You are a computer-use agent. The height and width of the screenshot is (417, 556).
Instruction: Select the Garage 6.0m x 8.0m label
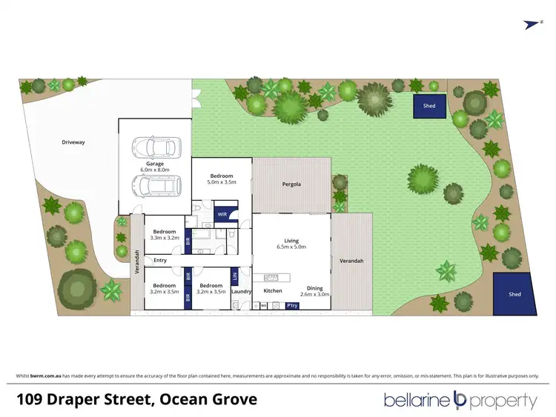[x=154, y=166]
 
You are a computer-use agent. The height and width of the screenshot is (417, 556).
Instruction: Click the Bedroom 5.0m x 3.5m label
[x=220, y=179]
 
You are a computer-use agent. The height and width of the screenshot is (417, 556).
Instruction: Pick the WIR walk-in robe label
[x=222, y=215]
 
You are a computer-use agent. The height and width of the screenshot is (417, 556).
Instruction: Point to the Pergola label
[x=290, y=184]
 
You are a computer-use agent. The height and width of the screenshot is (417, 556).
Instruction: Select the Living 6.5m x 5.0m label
[x=291, y=244]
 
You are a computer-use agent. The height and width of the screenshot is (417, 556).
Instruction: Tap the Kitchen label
[x=273, y=291]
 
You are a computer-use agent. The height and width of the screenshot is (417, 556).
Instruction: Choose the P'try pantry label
[x=294, y=305]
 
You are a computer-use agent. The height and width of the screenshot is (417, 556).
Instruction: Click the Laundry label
[x=241, y=291]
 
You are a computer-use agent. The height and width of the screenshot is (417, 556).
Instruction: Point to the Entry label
[x=160, y=260]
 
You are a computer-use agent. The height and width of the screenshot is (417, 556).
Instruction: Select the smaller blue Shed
[x=429, y=106]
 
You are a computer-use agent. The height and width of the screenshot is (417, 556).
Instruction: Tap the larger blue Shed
[x=514, y=294]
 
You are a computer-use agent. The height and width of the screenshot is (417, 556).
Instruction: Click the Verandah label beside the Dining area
[x=351, y=261]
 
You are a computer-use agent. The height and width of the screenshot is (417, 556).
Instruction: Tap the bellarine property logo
[x=460, y=401]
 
